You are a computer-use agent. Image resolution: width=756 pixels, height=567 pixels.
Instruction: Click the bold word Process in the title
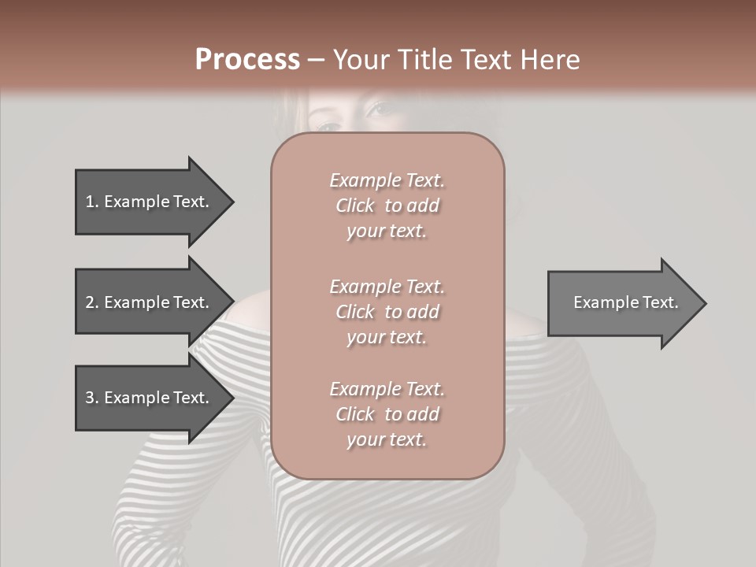pos(247,60)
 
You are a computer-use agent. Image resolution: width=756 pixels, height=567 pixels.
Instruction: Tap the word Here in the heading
pos(551,60)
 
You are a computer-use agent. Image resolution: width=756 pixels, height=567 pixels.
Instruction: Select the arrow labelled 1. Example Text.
pos(150,202)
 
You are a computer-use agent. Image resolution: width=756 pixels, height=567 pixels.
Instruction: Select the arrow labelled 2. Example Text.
pos(150,302)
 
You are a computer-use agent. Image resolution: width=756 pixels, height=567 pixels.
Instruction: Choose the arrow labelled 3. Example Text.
pos(150,398)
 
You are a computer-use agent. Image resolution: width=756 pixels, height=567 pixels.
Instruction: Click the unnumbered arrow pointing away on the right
pos(622,302)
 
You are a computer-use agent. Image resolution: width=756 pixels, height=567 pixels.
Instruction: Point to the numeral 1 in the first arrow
pos(89,202)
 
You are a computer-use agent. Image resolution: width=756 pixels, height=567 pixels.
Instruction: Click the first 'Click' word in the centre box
pos(355,206)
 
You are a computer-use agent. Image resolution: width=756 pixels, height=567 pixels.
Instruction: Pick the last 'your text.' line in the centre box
pos(387,439)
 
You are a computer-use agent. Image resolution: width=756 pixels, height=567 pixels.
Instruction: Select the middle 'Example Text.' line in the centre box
pos(387,287)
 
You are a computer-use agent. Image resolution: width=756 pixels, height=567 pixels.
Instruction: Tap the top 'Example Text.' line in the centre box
pos(387,180)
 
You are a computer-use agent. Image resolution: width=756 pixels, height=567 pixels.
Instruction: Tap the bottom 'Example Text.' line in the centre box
pos(387,389)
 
